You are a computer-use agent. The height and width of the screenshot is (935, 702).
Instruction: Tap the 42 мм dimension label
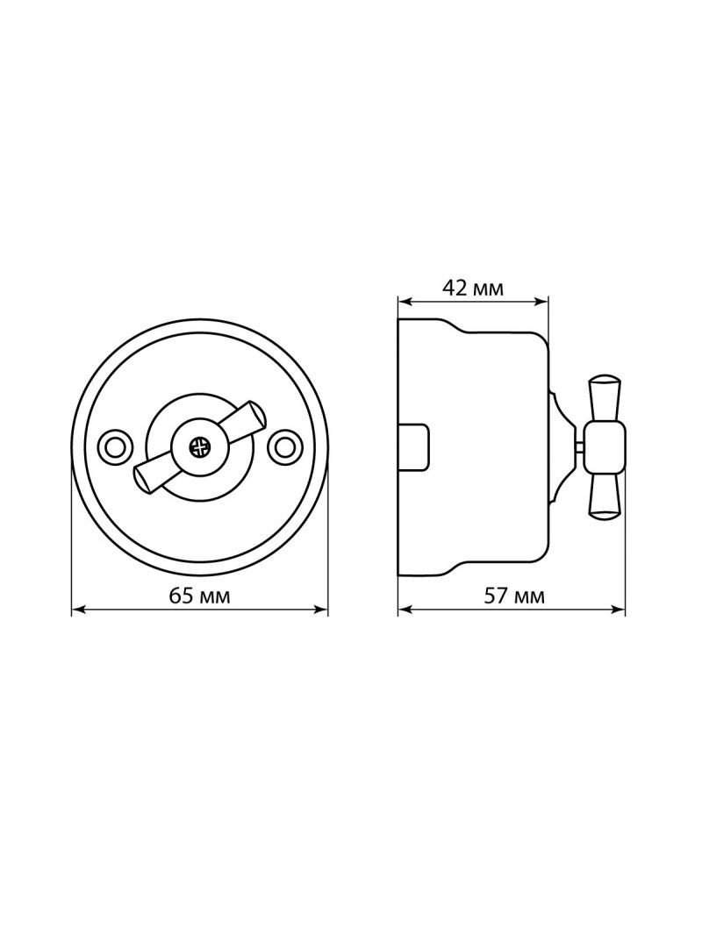point(473,289)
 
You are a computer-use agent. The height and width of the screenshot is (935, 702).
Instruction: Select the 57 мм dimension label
point(514,596)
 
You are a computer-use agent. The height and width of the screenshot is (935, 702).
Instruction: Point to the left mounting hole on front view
point(111,445)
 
